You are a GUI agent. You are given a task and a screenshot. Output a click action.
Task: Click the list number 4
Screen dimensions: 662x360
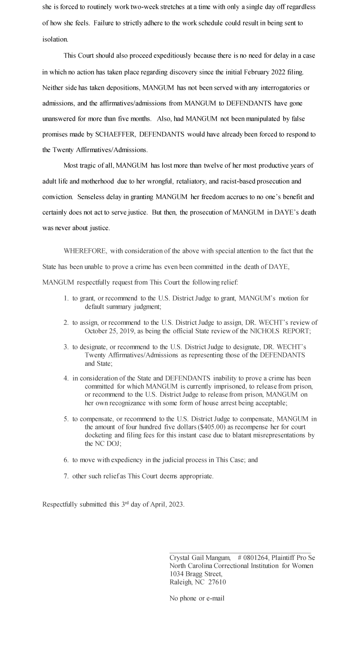(x=66, y=378)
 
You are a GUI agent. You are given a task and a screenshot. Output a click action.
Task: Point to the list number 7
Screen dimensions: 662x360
(x=66, y=476)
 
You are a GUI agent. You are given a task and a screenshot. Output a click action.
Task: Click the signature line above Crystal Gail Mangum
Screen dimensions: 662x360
(x=240, y=553)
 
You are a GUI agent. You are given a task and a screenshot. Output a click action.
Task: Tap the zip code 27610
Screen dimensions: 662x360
(x=217, y=582)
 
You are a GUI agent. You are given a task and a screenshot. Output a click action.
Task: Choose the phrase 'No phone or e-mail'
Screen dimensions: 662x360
(x=197, y=598)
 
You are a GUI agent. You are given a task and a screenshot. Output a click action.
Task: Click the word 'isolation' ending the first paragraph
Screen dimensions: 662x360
(x=55, y=39)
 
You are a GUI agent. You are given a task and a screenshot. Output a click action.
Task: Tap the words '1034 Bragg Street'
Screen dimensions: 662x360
(x=195, y=574)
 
